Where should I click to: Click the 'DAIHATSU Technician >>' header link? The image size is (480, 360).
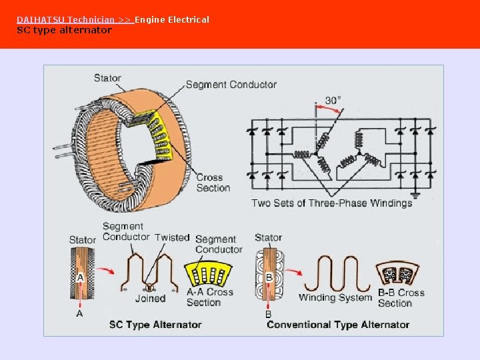(74, 20)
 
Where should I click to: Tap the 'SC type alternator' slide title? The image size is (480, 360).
(64, 30)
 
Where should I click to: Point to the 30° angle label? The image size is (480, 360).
(333, 100)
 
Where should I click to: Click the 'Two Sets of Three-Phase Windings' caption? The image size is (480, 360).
(331, 203)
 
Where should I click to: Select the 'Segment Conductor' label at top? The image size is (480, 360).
(231, 85)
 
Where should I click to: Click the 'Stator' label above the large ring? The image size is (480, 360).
(107, 78)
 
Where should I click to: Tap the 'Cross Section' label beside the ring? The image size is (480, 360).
(213, 183)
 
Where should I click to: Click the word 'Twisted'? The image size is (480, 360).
(172, 237)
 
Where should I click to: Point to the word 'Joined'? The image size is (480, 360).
(150, 299)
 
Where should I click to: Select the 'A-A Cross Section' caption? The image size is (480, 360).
(210, 297)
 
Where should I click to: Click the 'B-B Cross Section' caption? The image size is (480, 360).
(401, 297)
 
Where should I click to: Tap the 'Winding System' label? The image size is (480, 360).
(335, 298)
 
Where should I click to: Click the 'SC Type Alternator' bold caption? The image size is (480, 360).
(155, 325)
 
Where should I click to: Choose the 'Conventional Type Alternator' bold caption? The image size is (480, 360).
(338, 325)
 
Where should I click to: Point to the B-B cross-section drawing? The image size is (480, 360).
(397, 273)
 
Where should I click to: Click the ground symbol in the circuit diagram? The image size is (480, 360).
(417, 196)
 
